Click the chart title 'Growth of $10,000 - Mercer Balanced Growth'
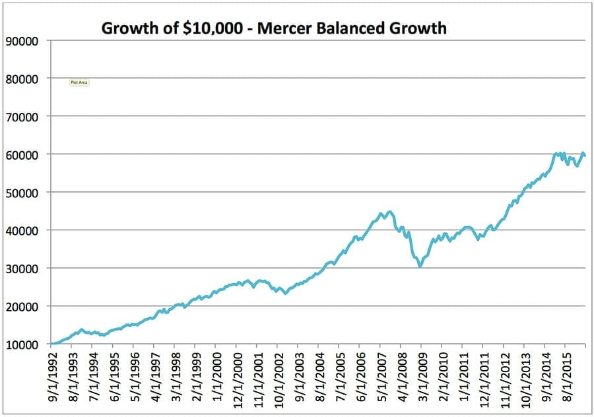273,28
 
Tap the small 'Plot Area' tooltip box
79,82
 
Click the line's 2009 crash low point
420,266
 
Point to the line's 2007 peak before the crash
390,212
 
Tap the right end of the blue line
585,156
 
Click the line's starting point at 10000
51,344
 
